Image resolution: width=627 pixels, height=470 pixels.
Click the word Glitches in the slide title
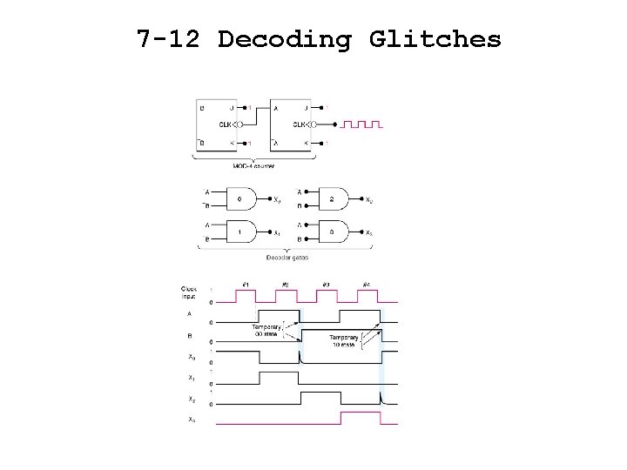[435, 39]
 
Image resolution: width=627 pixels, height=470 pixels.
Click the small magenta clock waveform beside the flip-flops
[361, 124]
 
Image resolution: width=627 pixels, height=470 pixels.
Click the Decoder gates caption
[287, 258]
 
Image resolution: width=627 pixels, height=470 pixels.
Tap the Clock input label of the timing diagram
[189, 293]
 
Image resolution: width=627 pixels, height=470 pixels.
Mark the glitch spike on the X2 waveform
[381, 398]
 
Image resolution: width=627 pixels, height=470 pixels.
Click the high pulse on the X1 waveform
[279, 377]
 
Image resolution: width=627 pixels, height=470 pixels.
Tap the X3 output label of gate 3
[368, 232]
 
